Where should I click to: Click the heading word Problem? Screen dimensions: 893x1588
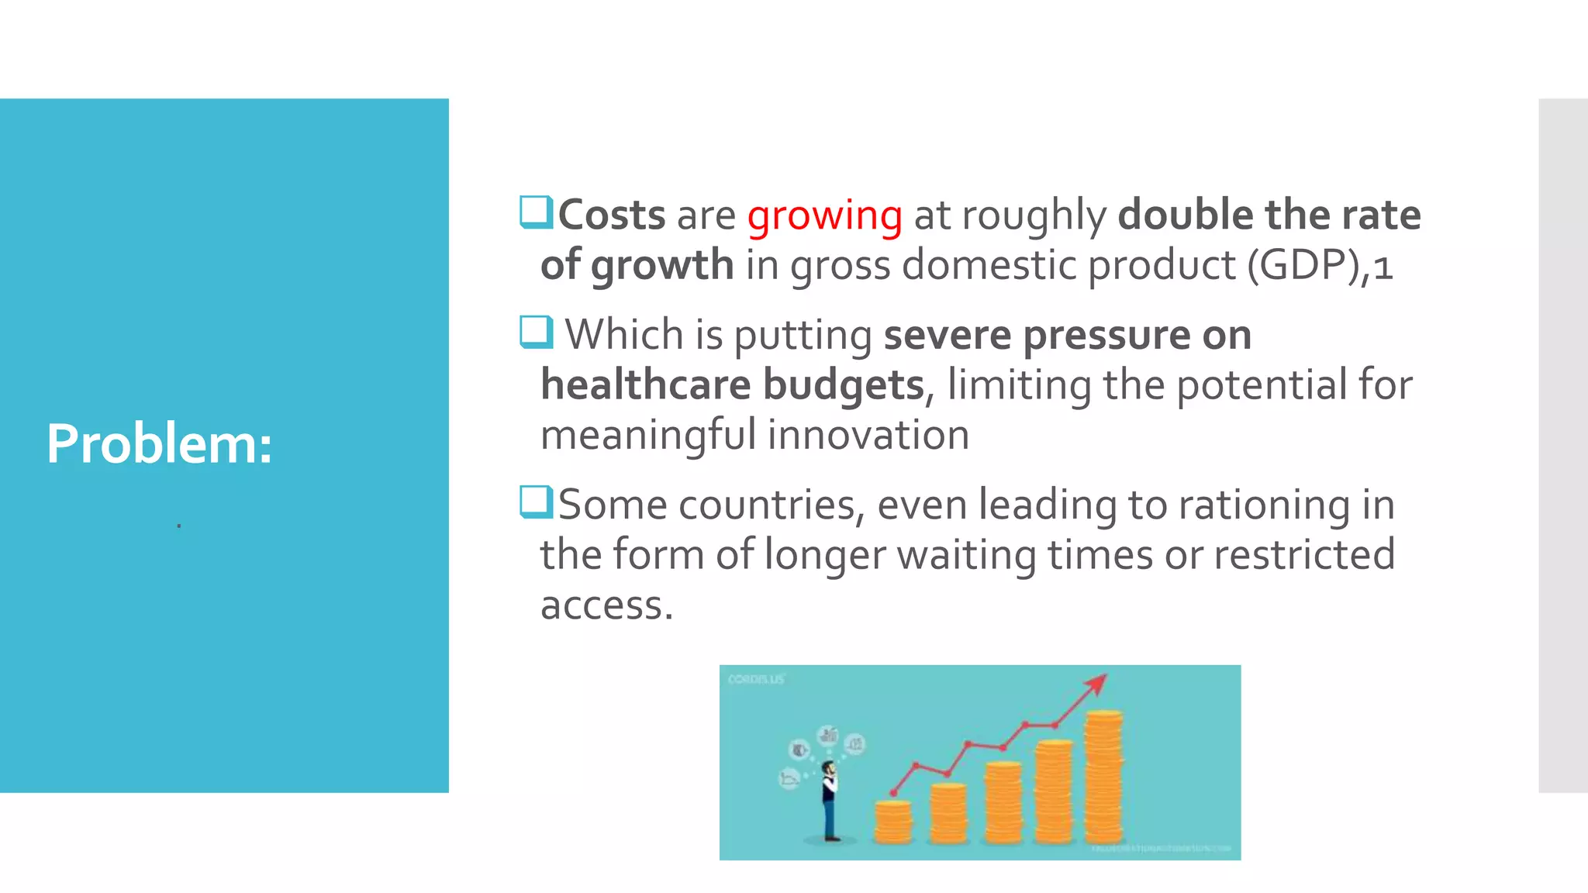click(x=159, y=444)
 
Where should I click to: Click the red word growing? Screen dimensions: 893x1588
click(x=824, y=215)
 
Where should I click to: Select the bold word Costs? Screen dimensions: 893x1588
click(x=611, y=215)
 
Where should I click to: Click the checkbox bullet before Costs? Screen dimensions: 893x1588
click(x=535, y=212)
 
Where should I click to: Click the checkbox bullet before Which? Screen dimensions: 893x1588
click(x=535, y=332)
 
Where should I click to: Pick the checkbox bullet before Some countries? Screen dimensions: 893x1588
click(x=535, y=502)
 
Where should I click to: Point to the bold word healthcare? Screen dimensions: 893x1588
click(x=645, y=384)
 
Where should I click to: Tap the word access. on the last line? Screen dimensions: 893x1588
click(x=606, y=605)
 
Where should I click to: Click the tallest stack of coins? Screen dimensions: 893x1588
click(x=1103, y=777)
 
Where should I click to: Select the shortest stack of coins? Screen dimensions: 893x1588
click(x=892, y=822)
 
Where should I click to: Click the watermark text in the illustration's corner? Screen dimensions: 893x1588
click(x=755, y=679)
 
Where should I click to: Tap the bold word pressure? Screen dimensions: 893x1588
click(x=1106, y=335)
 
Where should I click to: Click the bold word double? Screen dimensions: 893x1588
click(x=1185, y=215)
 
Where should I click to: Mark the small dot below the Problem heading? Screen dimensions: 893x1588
click(x=179, y=526)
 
